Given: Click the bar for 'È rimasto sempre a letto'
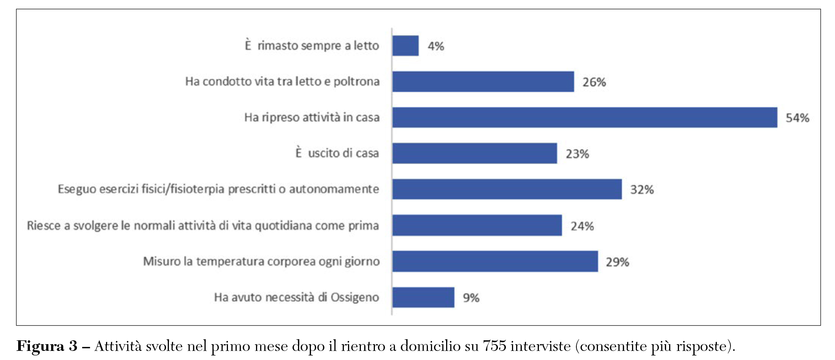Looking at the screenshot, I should click(406, 46).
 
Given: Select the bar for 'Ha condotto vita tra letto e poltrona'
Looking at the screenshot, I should click(483, 82).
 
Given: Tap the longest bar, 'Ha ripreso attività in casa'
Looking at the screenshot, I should click(585, 118).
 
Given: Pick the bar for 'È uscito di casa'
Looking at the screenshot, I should click(474, 153).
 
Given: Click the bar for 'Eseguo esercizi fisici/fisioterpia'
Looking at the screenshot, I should click(507, 189).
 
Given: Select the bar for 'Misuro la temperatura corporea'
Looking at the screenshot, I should click(495, 261).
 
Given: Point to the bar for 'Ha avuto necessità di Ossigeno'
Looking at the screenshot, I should click(423, 298).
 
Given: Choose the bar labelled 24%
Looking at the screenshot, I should click(477, 226).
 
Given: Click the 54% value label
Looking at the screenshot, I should click(797, 118).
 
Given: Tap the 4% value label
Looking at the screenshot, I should click(436, 46).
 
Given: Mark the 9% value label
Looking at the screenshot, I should click(471, 298).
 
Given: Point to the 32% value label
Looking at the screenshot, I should click(642, 190).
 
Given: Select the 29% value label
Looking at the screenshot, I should click(617, 262).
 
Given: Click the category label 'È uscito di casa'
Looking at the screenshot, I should click(337, 153).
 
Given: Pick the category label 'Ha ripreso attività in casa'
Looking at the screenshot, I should click(312, 117).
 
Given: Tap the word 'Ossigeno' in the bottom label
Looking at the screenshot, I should click(355, 298).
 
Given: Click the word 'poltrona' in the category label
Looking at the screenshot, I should click(356, 81).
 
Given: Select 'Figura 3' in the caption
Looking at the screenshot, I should click(47, 346).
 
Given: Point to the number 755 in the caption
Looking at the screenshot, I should click(494, 346).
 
